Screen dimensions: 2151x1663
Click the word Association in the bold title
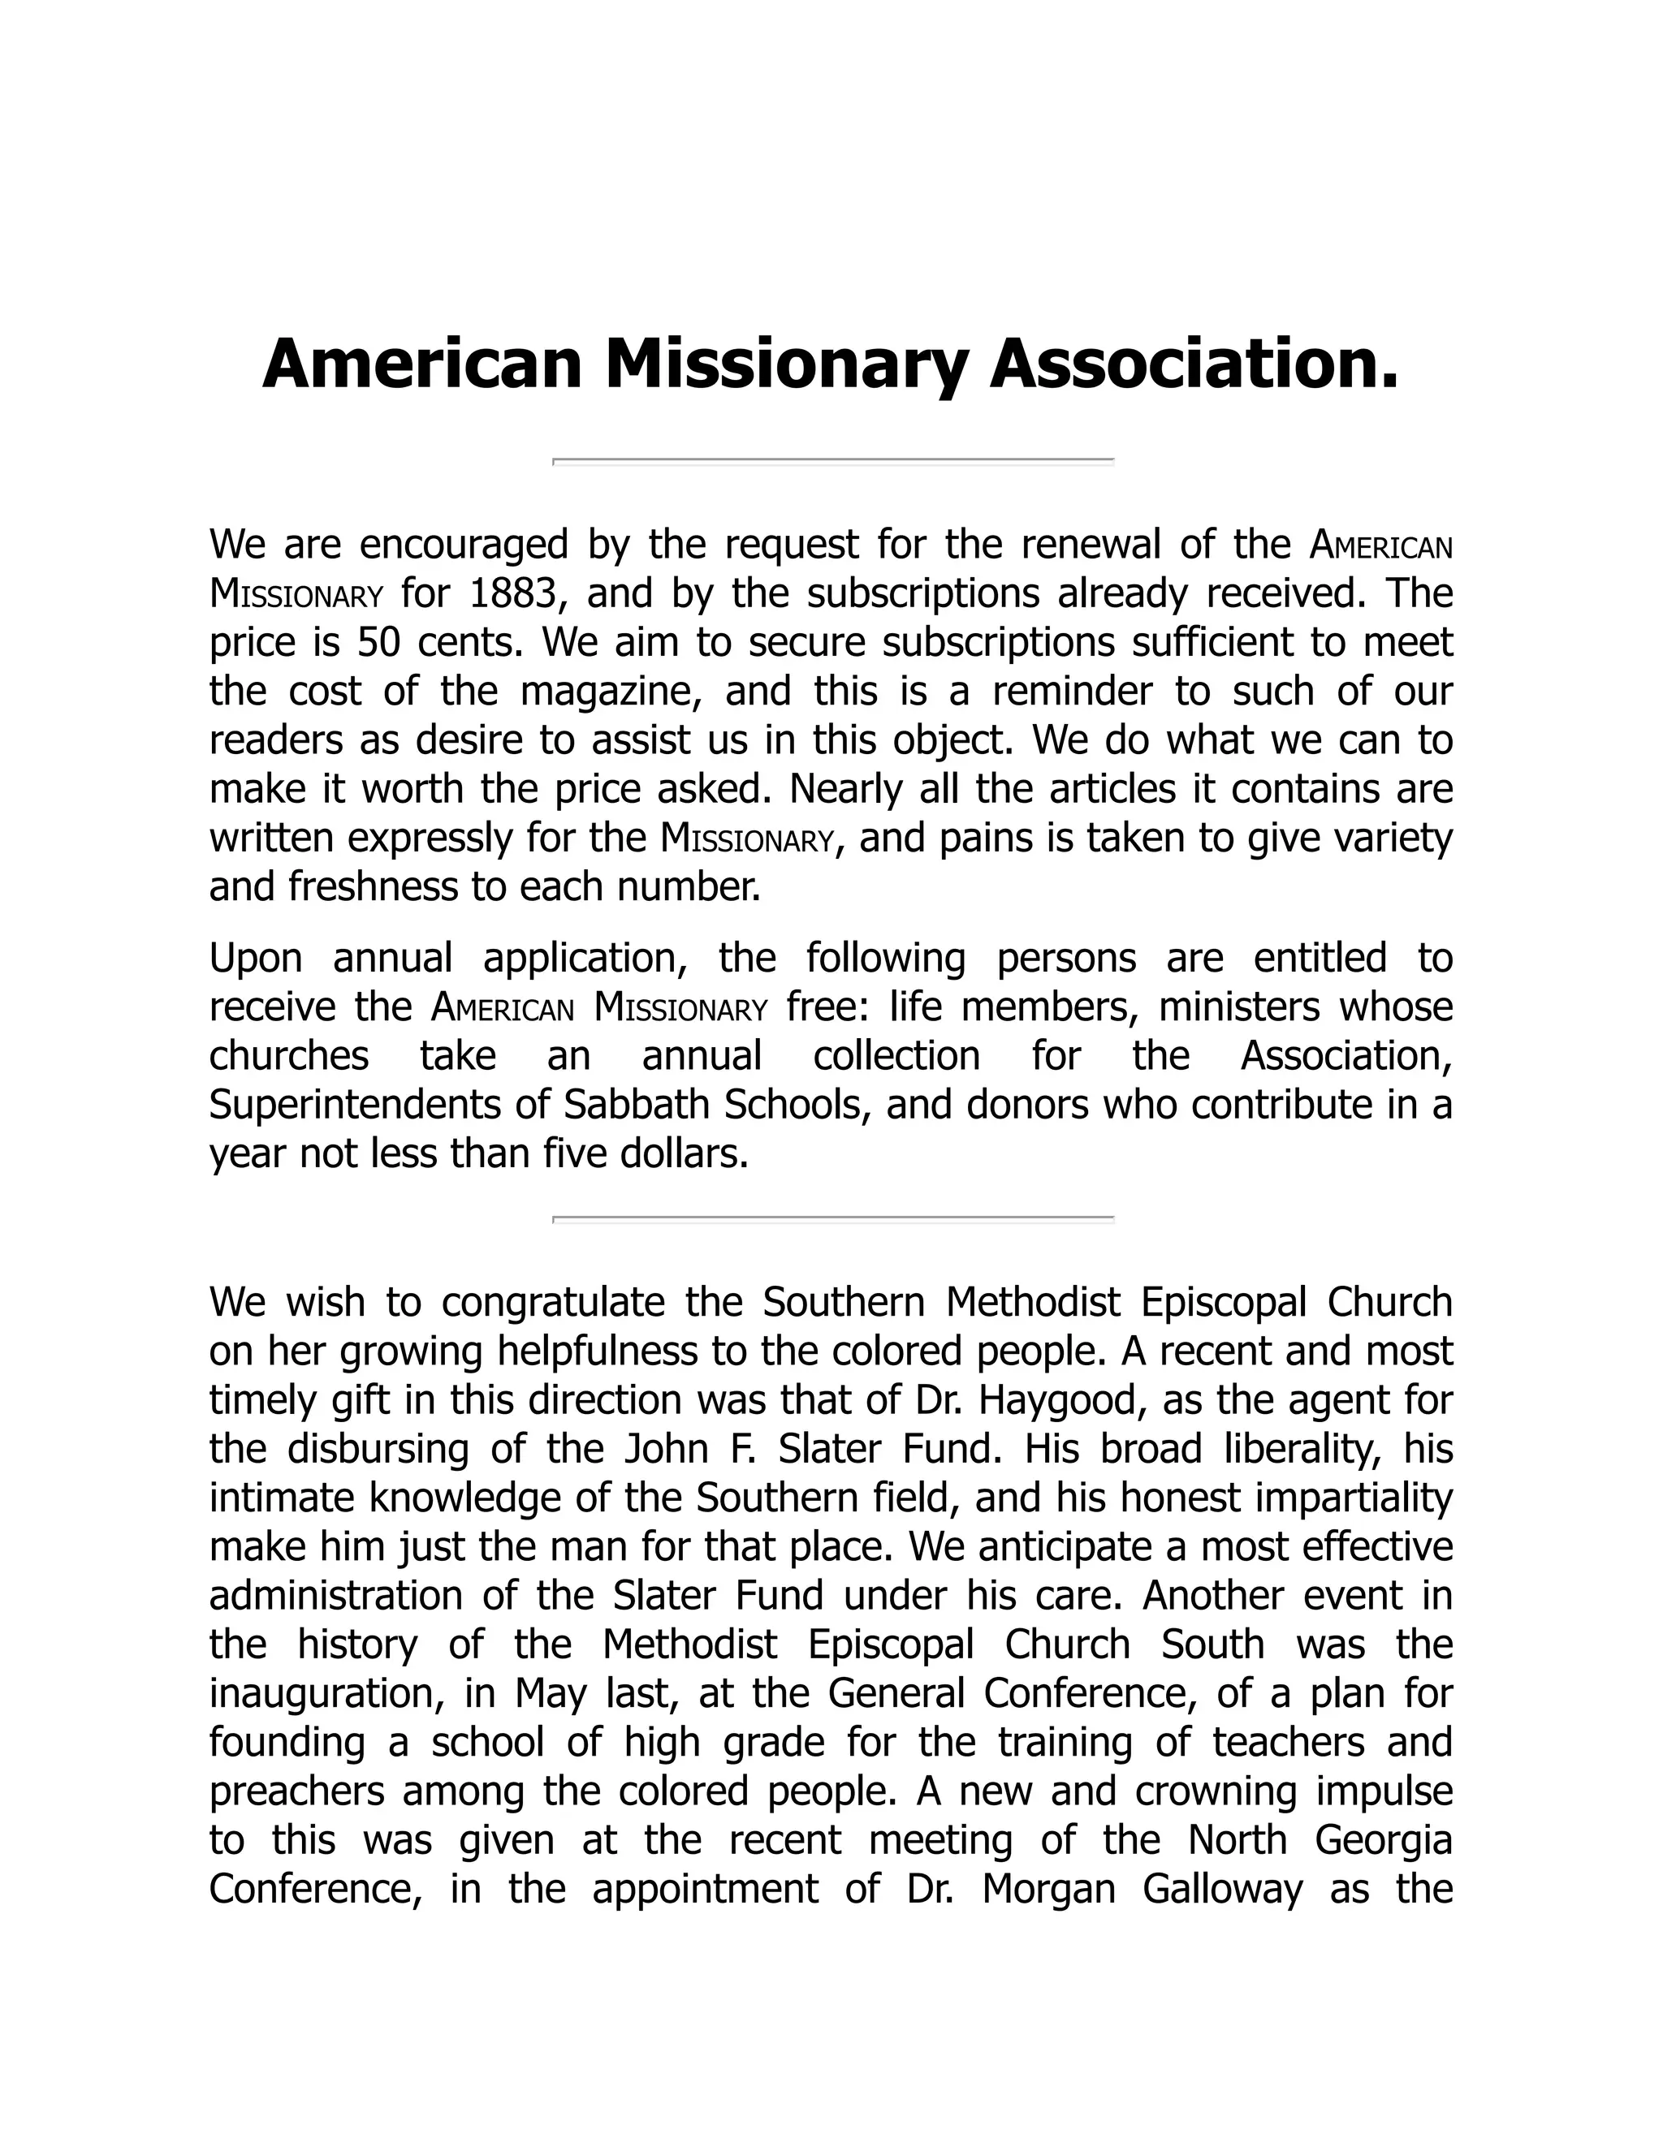[1193, 364]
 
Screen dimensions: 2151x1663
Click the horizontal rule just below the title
[832, 460]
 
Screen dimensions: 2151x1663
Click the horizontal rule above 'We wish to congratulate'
[832, 1219]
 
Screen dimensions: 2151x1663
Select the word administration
[336, 1596]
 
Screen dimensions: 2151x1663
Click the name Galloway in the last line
[1223, 1890]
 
